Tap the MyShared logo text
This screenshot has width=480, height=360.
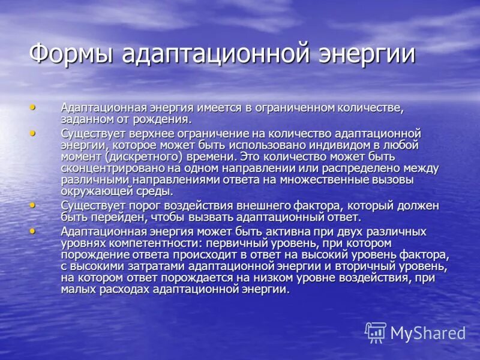[428, 334]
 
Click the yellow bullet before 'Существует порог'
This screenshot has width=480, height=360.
[32, 205]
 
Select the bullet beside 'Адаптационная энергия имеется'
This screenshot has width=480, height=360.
[32, 107]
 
